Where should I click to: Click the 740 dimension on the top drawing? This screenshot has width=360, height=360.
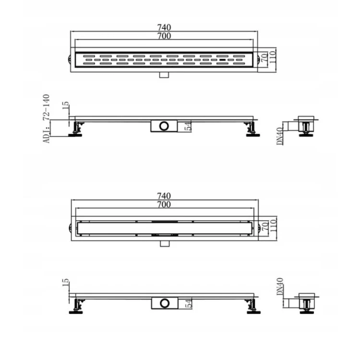[x=164, y=27]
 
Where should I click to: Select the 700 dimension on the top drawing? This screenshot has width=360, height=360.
[x=164, y=36]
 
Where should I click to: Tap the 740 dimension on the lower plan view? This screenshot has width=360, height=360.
[x=164, y=196]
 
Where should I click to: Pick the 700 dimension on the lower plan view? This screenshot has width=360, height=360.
[x=164, y=204]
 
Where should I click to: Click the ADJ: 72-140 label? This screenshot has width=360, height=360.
[x=47, y=119]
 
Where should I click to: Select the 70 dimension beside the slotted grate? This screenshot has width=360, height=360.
[x=264, y=57]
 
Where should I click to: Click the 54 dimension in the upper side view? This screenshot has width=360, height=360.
[x=188, y=126]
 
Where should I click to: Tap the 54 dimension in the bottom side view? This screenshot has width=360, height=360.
[x=188, y=303]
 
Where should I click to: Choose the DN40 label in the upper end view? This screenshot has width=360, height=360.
[x=280, y=136]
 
